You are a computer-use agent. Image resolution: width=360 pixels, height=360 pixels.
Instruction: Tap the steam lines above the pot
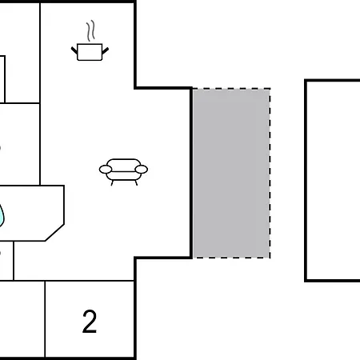pyautogui.click(x=90, y=30)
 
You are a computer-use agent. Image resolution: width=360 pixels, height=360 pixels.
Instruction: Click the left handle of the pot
pyautogui.click(x=74, y=50)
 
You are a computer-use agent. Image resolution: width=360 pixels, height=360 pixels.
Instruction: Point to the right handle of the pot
pyautogui.click(x=106, y=50)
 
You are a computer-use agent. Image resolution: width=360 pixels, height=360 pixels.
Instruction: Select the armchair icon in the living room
pyautogui.click(x=123, y=172)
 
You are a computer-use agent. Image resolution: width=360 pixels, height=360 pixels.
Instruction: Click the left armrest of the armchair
pyautogui.click(x=106, y=169)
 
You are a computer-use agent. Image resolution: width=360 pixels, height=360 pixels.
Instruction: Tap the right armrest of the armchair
pyautogui.click(x=141, y=169)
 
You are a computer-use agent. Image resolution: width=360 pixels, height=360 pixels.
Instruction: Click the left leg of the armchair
pyautogui.click(x=112, y=182)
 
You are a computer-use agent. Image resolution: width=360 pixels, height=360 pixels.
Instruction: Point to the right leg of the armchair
pyautogui.click(x=136, y=182)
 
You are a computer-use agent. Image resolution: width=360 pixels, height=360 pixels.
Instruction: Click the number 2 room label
pyautogui.click(x=90, y=322)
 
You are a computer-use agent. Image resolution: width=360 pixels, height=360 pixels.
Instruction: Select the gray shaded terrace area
pyautogui.click(x=231, y=174)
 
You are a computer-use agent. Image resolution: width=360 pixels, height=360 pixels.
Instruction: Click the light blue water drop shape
pyautogui.click(x=2, y=215)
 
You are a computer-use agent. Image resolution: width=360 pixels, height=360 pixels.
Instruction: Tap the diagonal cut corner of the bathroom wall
pyautogui.click(x=54, y=233)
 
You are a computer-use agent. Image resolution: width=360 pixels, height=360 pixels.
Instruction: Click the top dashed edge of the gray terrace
pyautogui.click(x=231, y=89)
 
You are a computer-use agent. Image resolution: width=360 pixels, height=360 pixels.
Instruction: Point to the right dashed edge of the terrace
pyautogui.click(x=270, y=174)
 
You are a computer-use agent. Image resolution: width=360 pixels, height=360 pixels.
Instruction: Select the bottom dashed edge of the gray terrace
pyautogui.click(x=231, y=258)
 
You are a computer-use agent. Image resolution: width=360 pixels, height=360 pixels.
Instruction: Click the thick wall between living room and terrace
pyautogui.click(x=191, y=173)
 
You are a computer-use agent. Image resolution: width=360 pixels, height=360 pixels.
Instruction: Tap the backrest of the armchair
pyautogui.click(x=123, y=163)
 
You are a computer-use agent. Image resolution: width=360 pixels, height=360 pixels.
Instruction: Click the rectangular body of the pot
pyautogui.click(x=90, y=52)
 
